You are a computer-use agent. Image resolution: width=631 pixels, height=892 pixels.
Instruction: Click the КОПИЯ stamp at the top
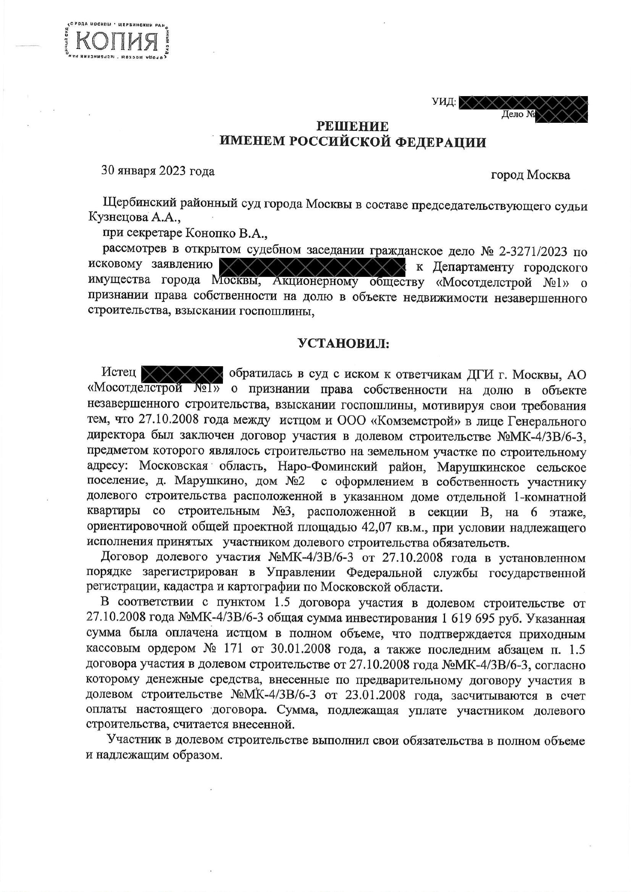[117, 40]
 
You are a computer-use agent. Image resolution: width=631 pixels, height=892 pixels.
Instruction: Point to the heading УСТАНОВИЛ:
[343, 344]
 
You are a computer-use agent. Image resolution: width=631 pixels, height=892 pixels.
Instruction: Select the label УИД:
[444, 102]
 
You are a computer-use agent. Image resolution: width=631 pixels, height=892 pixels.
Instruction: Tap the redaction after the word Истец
[181, 374]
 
